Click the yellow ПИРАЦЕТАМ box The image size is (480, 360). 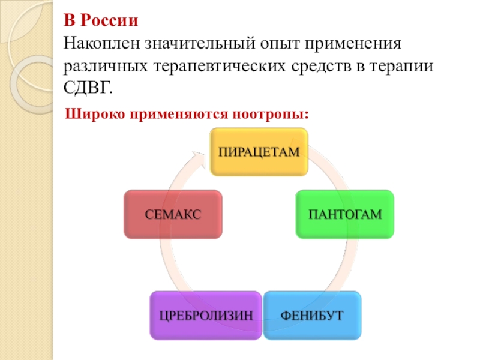point(258,152)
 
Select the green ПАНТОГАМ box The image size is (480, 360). point(344,214)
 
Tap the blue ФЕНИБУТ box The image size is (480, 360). point(313,314)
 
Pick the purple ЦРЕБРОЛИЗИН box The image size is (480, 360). point(206,314)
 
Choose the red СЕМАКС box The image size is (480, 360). point(172,214)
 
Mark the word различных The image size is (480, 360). point(103,67)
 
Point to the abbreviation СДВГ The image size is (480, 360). point(88,89)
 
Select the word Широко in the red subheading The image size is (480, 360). point(90,112)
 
